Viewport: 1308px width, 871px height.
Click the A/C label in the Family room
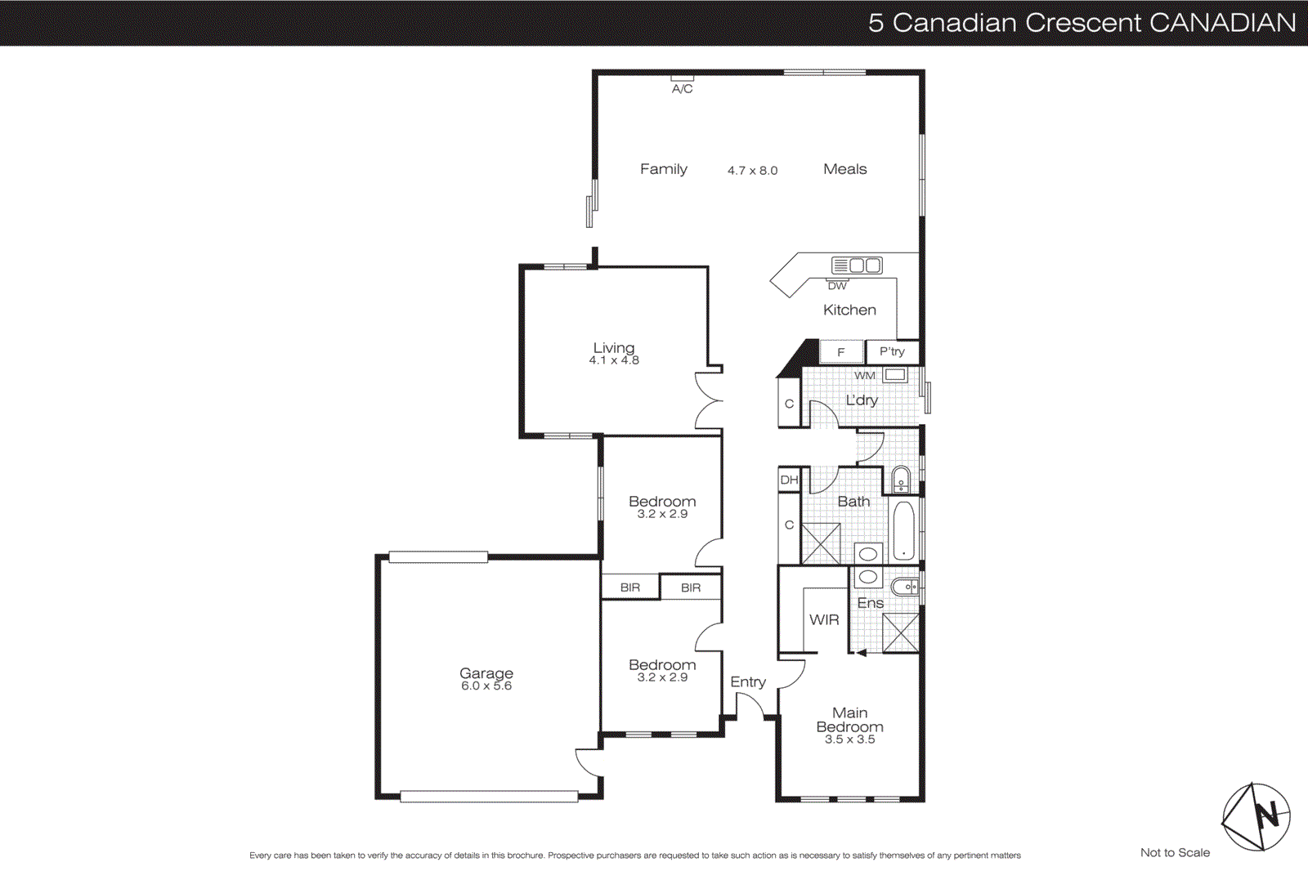point(682,88)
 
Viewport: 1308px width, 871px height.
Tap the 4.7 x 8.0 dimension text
point(752,171)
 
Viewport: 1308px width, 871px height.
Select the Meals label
point(844,169)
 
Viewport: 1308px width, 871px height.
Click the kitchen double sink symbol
point(857,265)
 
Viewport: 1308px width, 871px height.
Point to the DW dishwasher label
point(837,286)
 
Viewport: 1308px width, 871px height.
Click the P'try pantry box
point(892,351)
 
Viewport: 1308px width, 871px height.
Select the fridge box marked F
point(841,352)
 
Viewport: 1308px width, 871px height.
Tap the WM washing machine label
point(864,376)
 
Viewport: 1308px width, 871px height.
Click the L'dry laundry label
point(862,400)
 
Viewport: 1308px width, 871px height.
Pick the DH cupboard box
point(789,480)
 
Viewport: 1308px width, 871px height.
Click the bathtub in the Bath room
point(903,531)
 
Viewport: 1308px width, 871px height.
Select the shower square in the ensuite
point(901,632)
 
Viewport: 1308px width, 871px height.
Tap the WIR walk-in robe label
point(824,620)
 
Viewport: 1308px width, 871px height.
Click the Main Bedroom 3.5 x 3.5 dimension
point(849,739)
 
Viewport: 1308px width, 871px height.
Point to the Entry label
point(748,681)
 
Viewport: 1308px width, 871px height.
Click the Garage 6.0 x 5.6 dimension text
point(486,686)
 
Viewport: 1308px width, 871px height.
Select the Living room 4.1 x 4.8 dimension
point(614,360)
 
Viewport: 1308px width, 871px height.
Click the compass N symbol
point(1266,815)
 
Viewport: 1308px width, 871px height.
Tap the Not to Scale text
point(1175,852)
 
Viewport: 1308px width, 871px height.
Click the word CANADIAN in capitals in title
point(1222,23)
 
